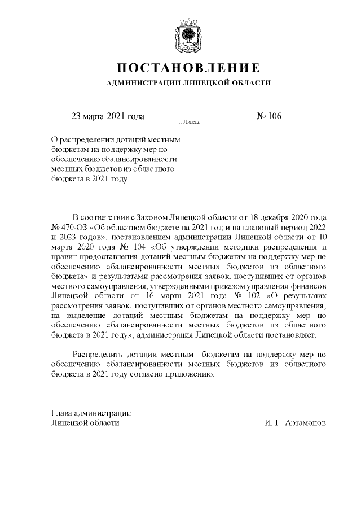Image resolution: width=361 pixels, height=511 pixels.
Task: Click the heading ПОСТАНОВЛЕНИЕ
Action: coord(188,68)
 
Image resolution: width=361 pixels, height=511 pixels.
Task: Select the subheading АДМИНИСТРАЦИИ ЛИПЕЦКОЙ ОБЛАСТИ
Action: coord(188,84)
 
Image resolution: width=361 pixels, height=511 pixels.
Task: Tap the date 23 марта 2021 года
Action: coord(107,116)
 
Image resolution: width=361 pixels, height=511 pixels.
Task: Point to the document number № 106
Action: coord(268,116)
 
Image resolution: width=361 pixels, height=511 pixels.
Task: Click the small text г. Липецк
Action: coord(188,121)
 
